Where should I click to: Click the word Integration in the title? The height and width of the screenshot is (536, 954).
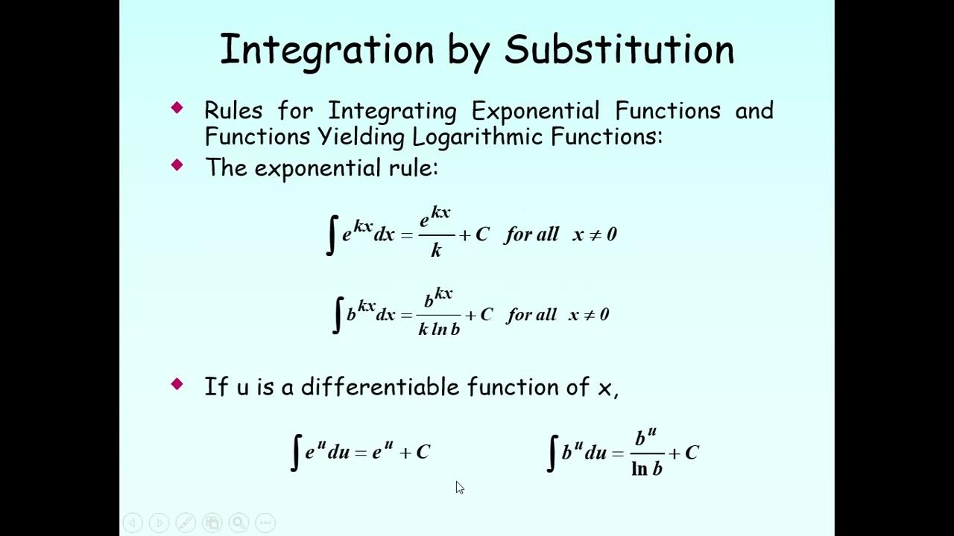[326, 51]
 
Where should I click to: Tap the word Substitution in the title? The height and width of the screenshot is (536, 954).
[619, 51]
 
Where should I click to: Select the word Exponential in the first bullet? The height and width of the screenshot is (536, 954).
[535, 111]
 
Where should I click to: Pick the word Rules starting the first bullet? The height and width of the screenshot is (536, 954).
[233, 111]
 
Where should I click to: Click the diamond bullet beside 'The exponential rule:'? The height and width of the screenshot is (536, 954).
[177, 165]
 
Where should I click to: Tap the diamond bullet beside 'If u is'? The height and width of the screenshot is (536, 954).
[177, 384]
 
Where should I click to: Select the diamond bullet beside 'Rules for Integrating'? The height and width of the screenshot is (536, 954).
[177, 108]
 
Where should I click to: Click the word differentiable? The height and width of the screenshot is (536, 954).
[381, 386]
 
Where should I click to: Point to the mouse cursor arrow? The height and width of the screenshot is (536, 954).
[459, 487]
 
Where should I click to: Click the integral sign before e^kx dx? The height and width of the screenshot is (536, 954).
[332, 234]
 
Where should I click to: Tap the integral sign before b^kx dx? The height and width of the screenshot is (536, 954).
[338, 315]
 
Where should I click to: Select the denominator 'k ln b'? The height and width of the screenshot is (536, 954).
[439, 329]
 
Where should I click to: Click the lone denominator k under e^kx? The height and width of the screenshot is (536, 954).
[436, 251]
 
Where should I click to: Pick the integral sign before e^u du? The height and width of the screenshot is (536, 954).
[296, 453]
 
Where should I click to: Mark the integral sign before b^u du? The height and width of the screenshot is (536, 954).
[552, 453]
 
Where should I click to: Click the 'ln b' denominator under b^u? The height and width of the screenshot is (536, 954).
[647, 469]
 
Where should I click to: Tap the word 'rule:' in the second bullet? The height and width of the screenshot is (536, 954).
[413, 168]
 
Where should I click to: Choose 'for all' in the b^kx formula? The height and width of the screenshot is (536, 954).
[531, 315]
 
